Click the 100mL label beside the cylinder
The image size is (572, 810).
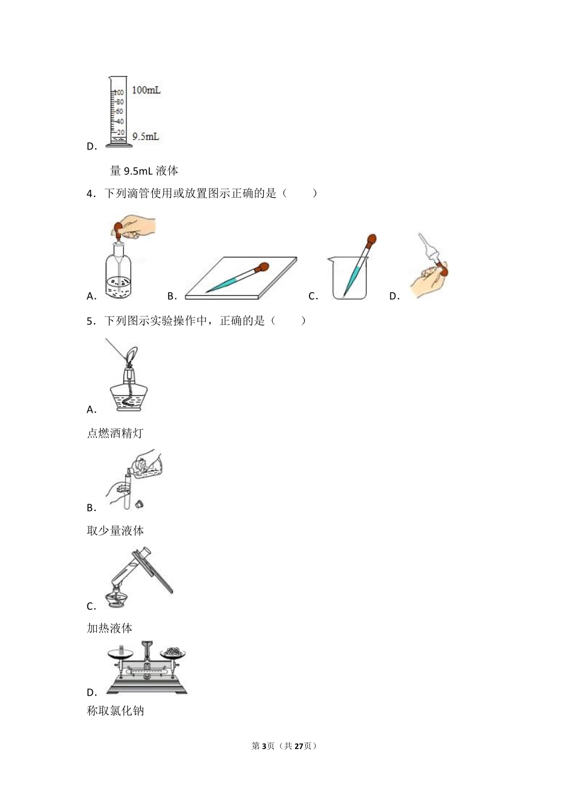[146, 90]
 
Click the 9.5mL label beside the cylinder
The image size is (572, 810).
[145, 137]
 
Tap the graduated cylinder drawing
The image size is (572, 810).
[117, 112]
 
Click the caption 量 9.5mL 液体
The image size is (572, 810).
[144, 171]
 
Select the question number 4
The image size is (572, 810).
[90, 193]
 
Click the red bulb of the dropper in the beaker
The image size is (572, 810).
[372, 239]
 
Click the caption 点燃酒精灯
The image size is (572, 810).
[115, 433]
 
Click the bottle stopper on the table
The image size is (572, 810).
[140, 503]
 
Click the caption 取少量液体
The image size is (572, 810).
[115, 531]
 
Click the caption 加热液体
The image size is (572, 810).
[110, 629]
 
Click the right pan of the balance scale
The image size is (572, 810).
[174, 653]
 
